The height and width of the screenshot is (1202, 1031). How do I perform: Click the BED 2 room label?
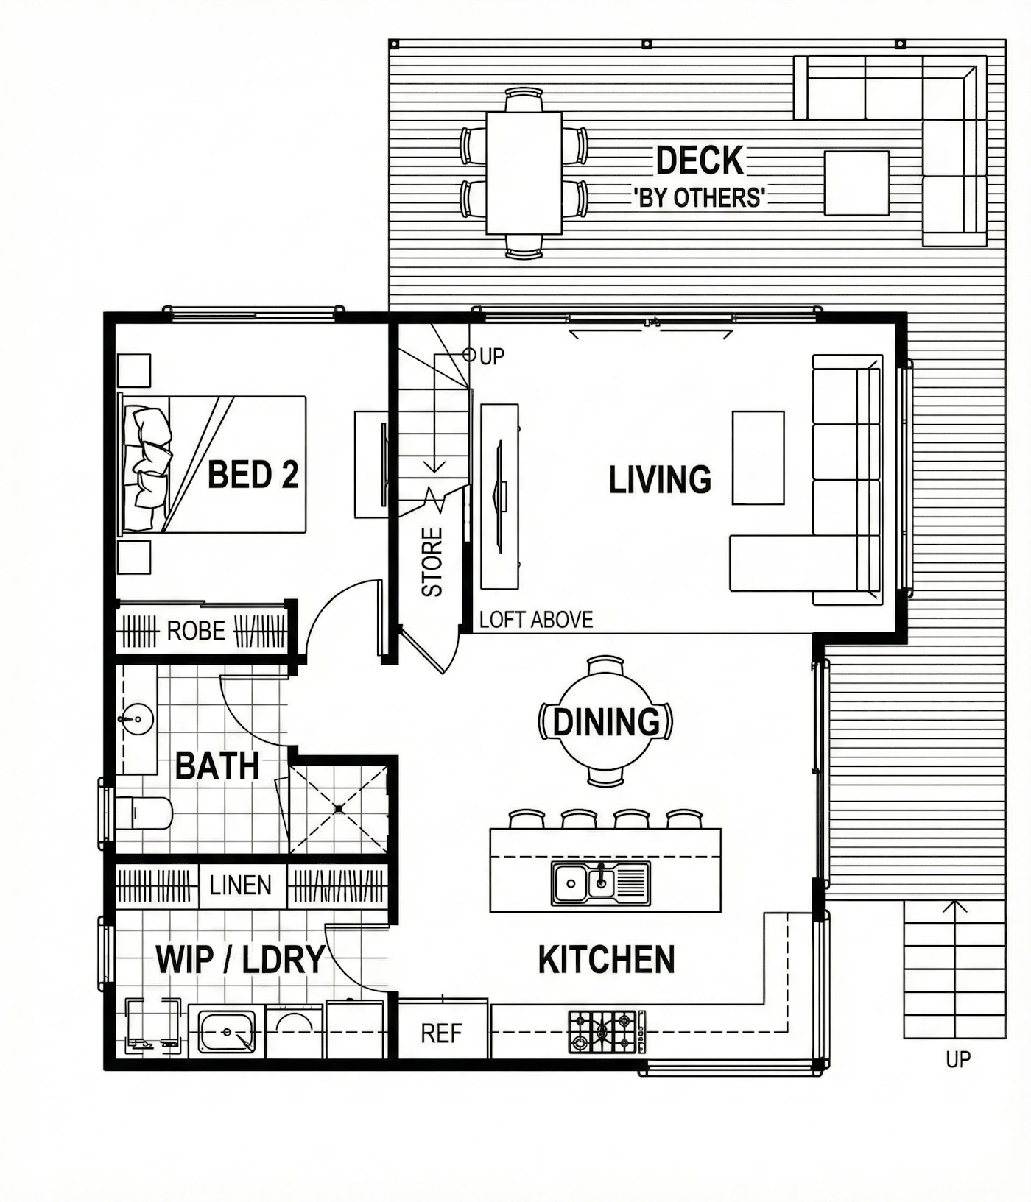pyautogui.click(x=253, y=475)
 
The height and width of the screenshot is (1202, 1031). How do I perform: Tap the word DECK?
pyautogui.click(x=700, y=160)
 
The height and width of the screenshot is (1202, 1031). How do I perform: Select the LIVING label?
pyautogui.click(x=660, y=479)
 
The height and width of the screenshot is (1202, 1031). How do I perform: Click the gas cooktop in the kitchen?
pyautogui.click(x=603, y=1030)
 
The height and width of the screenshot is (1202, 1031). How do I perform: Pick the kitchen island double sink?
pyautogui.click(x=601, y=882)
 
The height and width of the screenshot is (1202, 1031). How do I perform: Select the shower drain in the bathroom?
pyautogui.click(x=338, y=808)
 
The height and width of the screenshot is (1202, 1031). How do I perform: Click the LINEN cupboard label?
pyautogui.click(x=240, y=885)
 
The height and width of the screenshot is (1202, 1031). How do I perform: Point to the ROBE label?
pyautogui.click(x=196, y=631)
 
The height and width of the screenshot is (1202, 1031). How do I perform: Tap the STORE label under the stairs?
pyautogui.click(x=432, y=562)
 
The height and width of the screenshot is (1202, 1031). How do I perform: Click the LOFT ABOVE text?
pyautogui.click(x=536, y=620)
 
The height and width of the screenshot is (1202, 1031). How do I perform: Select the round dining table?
pyautogui.click(x=605, y=721)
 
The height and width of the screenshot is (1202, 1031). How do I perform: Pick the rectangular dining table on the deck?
pyautogui.click(x=524, y=173)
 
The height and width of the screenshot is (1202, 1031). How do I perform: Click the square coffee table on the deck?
pyautogui.click(x=856, y=183)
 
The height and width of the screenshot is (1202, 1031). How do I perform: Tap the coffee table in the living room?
pyautogui.click(x=758, y=458)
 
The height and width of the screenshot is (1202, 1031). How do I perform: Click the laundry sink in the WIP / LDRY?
pyautogui.click(x=228, y=1032)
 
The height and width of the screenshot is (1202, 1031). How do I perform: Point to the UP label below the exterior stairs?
pyautogui.click(x=958, y=1059)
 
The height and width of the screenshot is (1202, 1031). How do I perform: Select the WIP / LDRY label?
pyautogui.click(x=240, y=959)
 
